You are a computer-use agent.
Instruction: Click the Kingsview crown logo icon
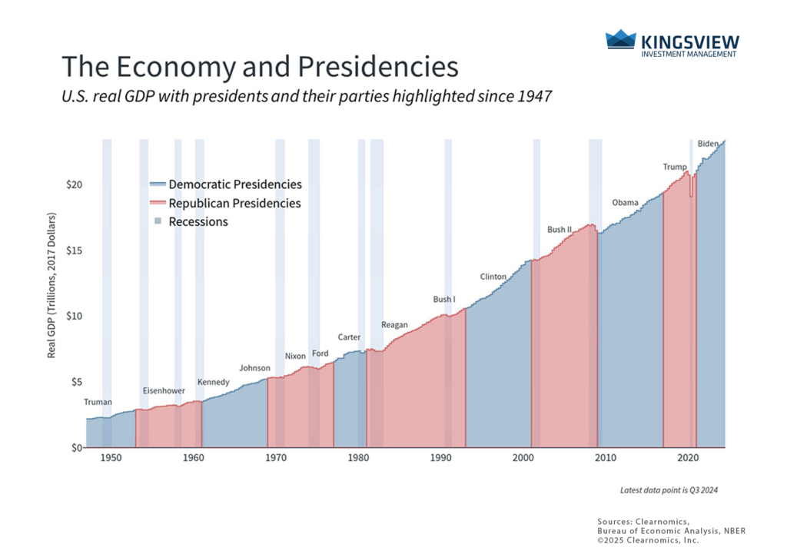[620, 41]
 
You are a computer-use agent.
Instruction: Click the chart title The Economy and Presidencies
[259, 67]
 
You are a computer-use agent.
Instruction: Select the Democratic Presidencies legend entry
[226, 184]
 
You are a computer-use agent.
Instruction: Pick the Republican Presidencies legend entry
[225, 204]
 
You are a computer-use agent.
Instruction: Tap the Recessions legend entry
[191, 222]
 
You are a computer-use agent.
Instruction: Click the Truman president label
[98, 402]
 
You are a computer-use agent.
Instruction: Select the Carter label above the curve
[349, 337]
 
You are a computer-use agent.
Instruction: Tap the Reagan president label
[394, 325]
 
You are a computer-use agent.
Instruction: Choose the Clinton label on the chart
[493, 277]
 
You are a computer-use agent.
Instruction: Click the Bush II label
[560, 230]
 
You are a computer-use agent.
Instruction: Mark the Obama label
[625, 203]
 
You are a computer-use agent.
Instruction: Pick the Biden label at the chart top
[707, 144]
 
